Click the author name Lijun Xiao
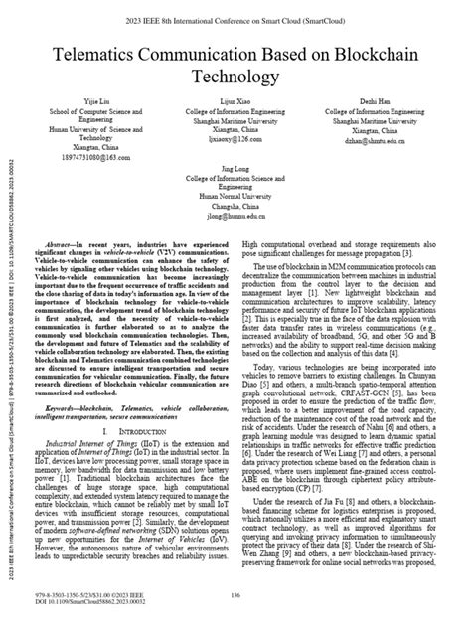237,130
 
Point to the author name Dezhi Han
374,130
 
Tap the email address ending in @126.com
237,168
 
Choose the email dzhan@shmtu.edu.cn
374,168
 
